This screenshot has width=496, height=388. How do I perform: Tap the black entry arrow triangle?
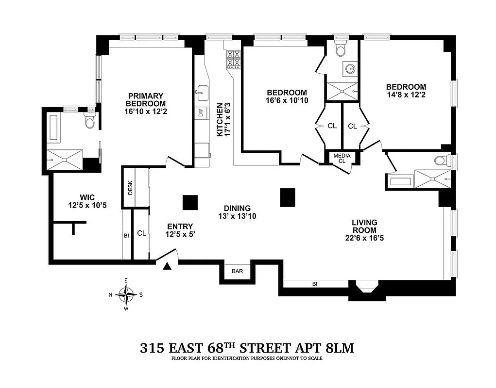coord(167,266)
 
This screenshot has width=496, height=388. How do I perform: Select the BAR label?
coord(237,272)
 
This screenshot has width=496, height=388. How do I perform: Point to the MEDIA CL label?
coord(342,158)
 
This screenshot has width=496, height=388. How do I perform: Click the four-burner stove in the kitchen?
coord(234,59)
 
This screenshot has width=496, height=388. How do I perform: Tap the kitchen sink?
coord(202,91)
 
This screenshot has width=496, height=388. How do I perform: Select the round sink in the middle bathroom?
coord(351,69)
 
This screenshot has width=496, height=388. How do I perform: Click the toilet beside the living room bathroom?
coord(440,161)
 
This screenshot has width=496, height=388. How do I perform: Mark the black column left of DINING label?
coord(190,202)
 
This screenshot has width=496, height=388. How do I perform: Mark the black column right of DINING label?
coord(288,196)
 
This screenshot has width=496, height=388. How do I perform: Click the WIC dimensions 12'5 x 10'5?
coord(87,206)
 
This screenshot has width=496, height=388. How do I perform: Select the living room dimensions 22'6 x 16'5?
coord(364,238)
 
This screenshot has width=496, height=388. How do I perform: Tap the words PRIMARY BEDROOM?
coord(145,99)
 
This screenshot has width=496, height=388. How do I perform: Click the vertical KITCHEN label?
coord(220,119)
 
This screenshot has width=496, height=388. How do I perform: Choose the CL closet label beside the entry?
coord(141,233)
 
